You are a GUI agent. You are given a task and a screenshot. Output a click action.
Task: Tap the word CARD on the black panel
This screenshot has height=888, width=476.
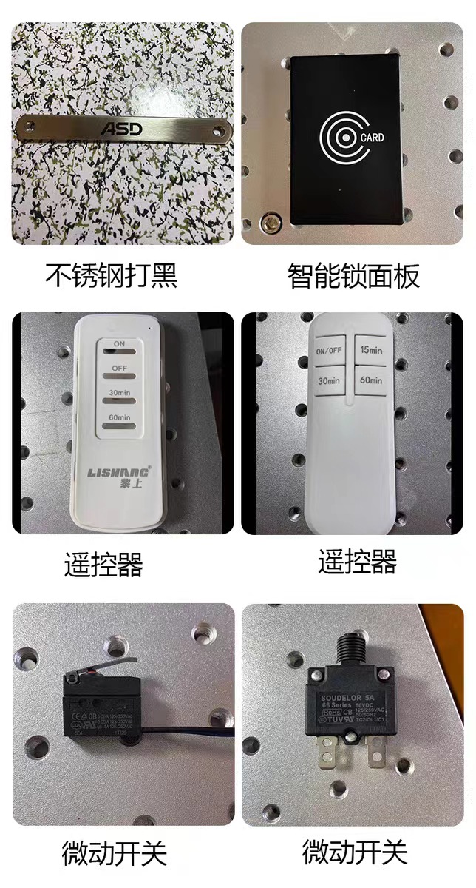click(x=372, y=138)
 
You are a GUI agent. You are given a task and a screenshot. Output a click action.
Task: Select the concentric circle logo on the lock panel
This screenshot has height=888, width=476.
click(x=339, y=138)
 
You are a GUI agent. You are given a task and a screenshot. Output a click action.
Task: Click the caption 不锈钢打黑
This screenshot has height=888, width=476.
click(x=112, y=275)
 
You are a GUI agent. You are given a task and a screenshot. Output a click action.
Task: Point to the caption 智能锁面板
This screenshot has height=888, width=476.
click(x=353, y=275)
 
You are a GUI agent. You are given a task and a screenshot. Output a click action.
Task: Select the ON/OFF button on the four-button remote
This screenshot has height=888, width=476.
click(x=328, y=351)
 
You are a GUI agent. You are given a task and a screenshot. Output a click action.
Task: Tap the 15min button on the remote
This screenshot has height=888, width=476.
click(x=370, y=349)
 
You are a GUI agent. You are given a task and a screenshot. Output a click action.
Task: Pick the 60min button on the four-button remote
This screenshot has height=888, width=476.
click(x=370, y=380)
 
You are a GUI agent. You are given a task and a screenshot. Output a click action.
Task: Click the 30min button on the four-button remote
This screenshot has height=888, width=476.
click(x=328, y=381)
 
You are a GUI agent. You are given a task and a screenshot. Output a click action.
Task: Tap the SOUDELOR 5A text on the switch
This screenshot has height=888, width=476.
click(x=347, y=696)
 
